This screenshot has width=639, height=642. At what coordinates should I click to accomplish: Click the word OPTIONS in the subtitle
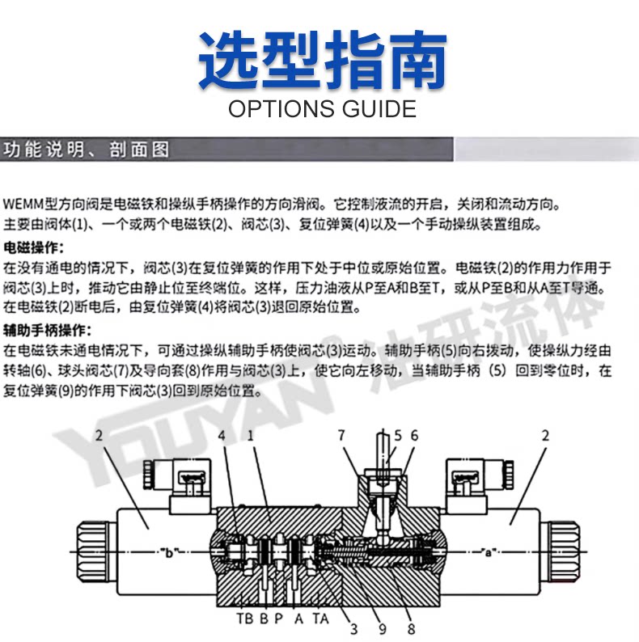coord(277,108)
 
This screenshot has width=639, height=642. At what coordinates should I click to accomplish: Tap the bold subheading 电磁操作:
coord(33,247)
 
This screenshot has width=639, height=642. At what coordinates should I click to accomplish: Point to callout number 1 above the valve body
coord(252,436)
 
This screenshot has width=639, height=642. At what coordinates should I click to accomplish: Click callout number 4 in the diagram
coord(221,436)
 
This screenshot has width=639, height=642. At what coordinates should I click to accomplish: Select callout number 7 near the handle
coord(342,436)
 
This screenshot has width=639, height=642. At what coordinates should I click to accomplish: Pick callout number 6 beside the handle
coord(414,436)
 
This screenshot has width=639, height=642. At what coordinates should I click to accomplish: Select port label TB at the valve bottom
coord(244,619)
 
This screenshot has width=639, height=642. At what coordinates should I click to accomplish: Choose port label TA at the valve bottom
coord(320,619)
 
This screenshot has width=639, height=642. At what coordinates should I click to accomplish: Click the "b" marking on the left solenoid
coord(170,553)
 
